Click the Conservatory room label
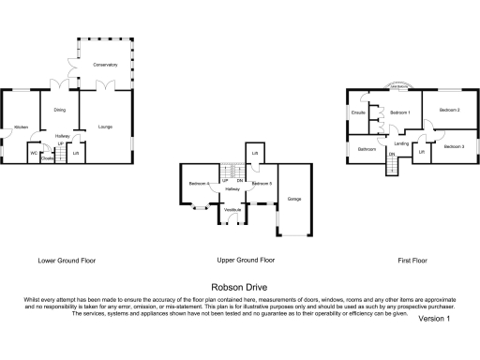click(x=105, y=65)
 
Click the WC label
click(x=34, y=152)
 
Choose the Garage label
click(x=294, y=200)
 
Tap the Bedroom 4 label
click(x=198, y=183)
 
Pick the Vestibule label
click(x=232, y=209)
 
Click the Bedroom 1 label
click(x=400, y=112)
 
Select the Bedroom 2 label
click(x=450, y=111)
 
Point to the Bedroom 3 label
click(x=454, y=147)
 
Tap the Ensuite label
click(x=357, y=113)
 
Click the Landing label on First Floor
click(x=401, y=143)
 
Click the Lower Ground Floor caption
click(x=67, y=260)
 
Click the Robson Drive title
click(x=239, y=288)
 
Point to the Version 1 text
click(x=434, y=319)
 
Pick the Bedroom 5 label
click(x=262, y=183)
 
